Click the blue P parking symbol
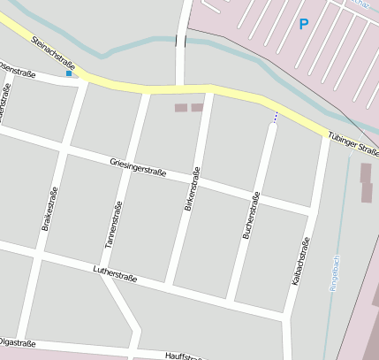tap(304, 24)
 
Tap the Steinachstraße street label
tap(53, 55)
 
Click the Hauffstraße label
tap(185, 355)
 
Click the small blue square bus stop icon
tap(69, 74)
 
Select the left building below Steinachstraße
tap(180, 107)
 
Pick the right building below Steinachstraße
tap(197, 107)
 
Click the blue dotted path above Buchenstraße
tap(275, 117)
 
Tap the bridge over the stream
tap(181, 39)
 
